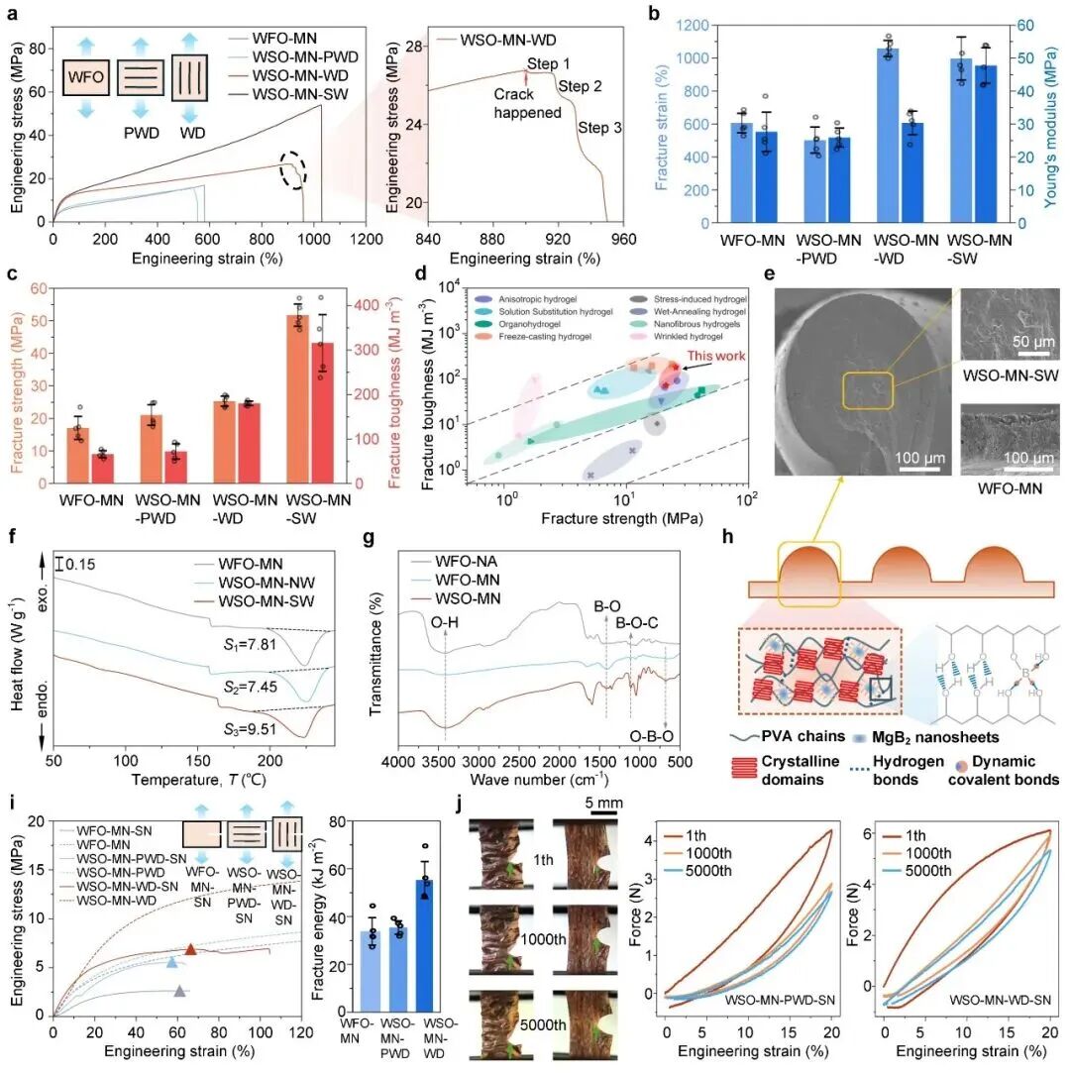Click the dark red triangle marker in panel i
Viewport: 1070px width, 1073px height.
click(x=191, y=950)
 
